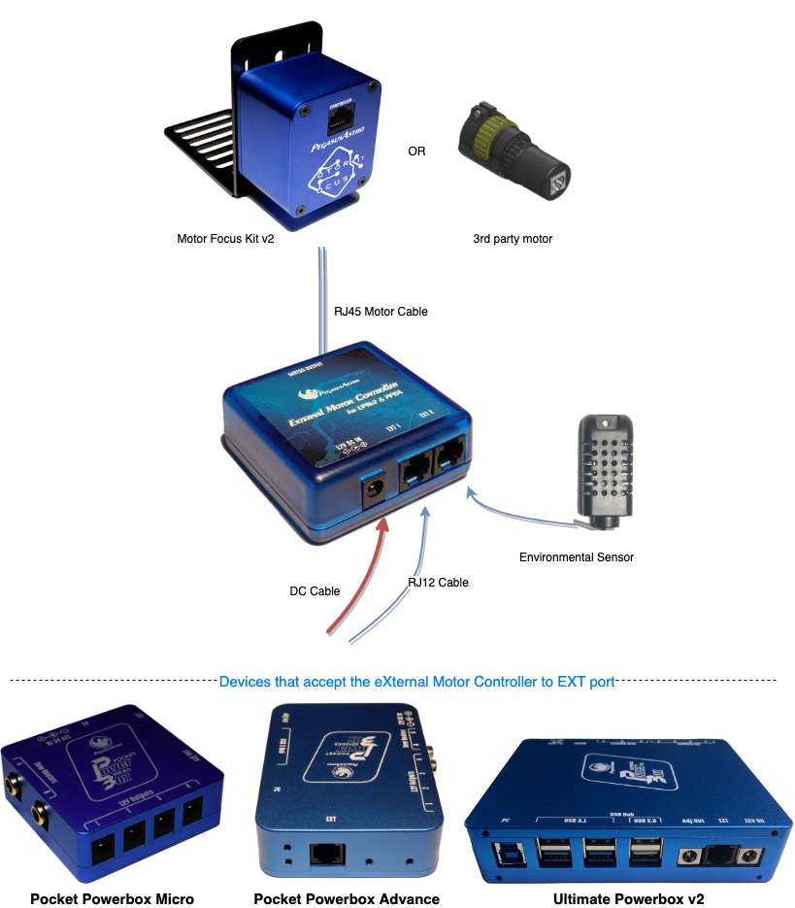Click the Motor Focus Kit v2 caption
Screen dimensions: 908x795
click(225, 238)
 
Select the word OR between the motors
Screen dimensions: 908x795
click(416, 151)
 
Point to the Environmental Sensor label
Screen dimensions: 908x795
click(577, 557)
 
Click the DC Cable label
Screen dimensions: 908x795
click(315, 590)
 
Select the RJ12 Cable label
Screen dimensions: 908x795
click(438, 583)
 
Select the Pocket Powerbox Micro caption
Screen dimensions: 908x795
click(112, 898)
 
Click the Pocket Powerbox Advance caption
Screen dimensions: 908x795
click(347, 898)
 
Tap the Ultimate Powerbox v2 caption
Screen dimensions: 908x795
click(629, 898)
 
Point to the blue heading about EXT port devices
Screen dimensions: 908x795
click(416, 682)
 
